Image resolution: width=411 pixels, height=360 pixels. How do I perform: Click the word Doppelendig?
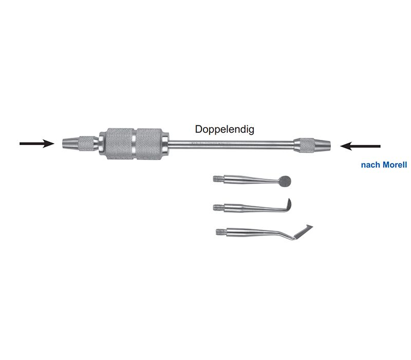225,130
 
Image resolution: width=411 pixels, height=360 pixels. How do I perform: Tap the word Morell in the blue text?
395,165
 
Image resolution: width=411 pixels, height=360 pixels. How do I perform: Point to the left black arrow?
37,143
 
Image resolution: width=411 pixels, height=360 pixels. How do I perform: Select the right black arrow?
360,146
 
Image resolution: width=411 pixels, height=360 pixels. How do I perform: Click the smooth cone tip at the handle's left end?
71,143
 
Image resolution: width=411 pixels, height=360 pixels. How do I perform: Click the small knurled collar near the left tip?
87,143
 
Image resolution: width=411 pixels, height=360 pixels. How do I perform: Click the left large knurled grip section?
120,144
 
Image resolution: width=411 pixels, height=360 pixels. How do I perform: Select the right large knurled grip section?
150,144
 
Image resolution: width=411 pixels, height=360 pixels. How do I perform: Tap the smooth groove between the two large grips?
135,144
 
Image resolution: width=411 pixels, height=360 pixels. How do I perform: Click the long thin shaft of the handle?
231,145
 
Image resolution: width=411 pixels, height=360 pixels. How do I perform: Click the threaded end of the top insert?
219,179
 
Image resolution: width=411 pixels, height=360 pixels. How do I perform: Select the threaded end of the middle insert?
219,207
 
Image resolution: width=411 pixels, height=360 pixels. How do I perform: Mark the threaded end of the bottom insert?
221,232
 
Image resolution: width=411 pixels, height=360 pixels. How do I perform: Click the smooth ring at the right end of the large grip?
165,144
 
